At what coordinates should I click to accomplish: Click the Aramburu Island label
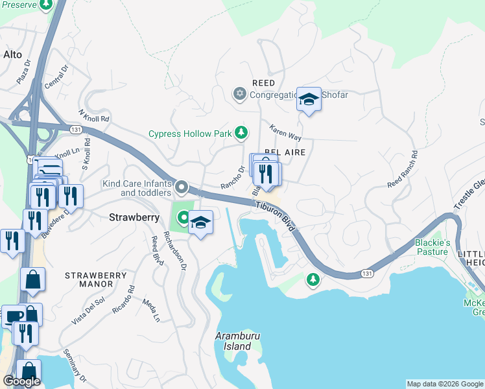233,342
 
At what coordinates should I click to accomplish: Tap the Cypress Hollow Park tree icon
241,134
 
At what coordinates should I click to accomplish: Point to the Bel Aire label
285,151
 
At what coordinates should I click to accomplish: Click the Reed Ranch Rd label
403,170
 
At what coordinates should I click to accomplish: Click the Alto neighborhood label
13,54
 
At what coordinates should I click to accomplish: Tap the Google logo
21,381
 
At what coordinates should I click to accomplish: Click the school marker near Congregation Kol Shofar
309,100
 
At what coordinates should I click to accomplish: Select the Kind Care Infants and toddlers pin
182,187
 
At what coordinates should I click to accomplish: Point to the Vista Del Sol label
89,310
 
